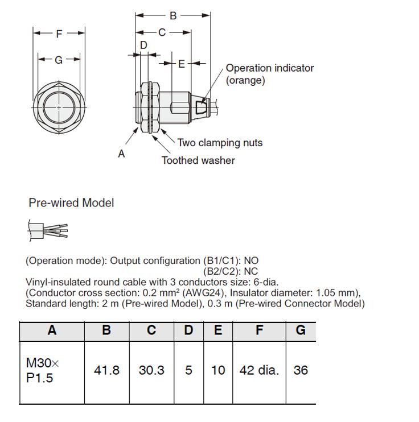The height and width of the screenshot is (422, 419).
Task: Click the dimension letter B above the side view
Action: click(173, 15)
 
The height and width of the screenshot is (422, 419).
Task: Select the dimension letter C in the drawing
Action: click(162, 32)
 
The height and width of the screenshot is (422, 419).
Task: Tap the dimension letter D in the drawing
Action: click(143, 45)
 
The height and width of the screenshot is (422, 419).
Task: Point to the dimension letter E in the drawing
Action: click(182, 64)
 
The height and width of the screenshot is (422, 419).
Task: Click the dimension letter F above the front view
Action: click(59, 34)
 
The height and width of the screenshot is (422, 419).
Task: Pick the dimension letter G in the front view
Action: click(59, 60)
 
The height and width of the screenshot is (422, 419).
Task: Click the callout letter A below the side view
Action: click(121, 154)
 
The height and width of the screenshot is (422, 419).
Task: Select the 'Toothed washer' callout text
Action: click(198, 160)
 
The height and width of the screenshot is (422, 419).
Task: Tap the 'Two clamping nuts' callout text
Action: click(220, 143)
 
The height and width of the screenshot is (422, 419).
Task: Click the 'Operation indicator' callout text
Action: click(270, 68)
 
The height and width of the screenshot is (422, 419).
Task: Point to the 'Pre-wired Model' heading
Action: click(71, 202)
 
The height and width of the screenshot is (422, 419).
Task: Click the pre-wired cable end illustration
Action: click(48, 231)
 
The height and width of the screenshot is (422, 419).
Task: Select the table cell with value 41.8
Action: click(106, 373)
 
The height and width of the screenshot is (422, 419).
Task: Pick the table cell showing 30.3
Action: click(151, 373)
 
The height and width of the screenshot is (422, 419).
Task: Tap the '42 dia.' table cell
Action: click(259, 373)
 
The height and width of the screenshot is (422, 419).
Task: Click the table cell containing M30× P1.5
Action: click(52, 373)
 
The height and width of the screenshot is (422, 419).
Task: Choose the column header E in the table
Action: click(218, 330)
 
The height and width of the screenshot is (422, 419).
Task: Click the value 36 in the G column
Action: click(301, 370)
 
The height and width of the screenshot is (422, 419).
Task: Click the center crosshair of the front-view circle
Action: click(59, 107)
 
